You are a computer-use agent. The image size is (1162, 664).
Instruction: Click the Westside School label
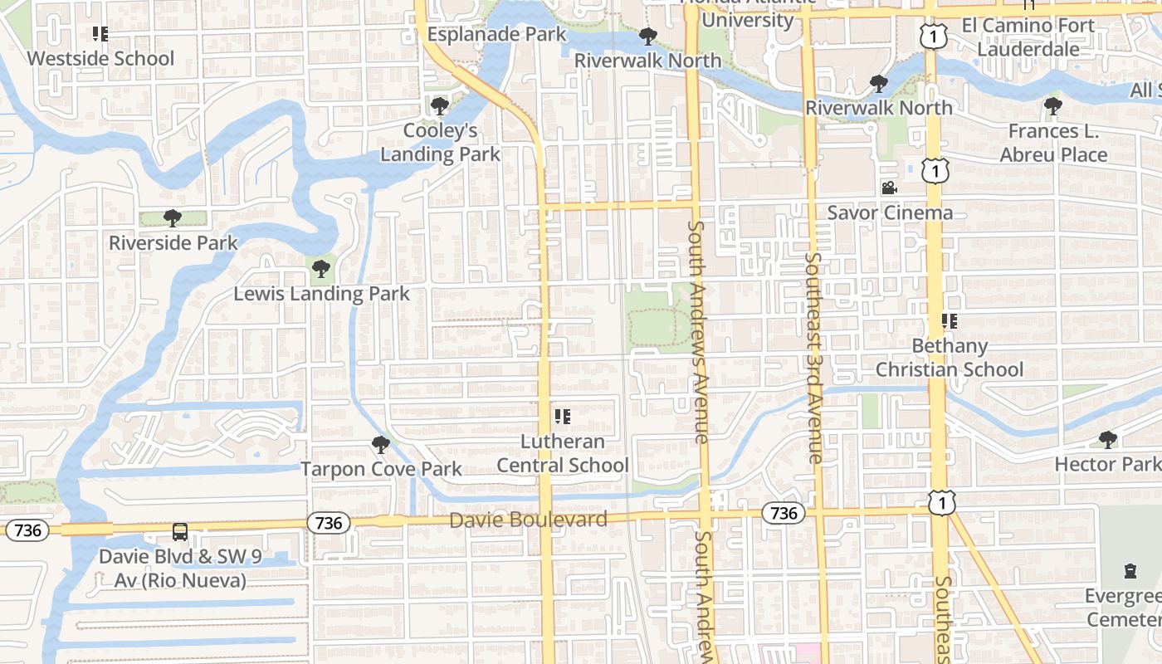(x=100, y=58)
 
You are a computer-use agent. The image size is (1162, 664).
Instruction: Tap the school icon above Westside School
(x=100, y=34)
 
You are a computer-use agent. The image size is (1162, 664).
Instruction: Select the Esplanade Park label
(x=496, y=34)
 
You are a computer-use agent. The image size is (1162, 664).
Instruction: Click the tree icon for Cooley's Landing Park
(x=440, y=106)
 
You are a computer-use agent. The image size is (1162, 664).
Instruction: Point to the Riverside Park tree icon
(x=173, y=218)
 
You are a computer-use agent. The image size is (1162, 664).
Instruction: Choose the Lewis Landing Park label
(x=321, y=294)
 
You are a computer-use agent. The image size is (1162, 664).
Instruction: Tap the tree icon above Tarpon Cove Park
(x=381, y=445)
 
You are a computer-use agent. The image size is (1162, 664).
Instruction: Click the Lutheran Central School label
(x=563, y=453)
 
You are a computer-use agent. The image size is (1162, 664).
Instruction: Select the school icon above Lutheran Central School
(x=563, y=417)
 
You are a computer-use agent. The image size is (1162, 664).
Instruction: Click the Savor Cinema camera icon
(x=890, y=188)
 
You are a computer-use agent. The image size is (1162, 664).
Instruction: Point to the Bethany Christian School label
(x=950, y=358)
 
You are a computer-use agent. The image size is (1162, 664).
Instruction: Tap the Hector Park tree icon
(x=1108, y=439)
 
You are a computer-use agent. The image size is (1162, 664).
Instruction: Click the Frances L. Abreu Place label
(x=1053, y=143)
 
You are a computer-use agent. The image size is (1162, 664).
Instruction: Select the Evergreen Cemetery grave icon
(x=1130, y=571)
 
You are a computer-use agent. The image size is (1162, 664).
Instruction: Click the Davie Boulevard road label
(x=528, y=520)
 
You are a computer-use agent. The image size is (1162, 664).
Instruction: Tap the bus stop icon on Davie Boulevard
(x=180, y=532)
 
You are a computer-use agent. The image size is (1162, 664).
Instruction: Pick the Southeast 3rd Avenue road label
(x=813, y=358)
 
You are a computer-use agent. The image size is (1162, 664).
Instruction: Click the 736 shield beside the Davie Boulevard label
(x=329, y=523)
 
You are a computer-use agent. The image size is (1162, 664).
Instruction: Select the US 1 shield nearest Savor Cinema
(x=935, y=170)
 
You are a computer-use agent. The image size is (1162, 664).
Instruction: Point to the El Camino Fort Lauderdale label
(x=1028, y=37)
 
